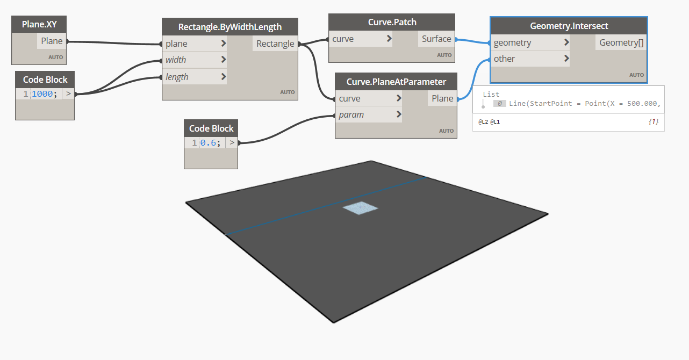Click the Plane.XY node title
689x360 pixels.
coord(39,24)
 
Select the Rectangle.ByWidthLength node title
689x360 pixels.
coord(230,27)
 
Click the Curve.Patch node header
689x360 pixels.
coord(392,22)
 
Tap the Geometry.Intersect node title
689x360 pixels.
coord(569,26)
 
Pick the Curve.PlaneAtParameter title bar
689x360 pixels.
coord(396,82)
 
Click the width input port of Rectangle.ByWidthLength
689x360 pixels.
coord(176,60)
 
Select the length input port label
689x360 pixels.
coord(177,77)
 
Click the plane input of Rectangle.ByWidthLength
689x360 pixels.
coord(176,44)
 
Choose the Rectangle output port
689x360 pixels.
coord(275,44)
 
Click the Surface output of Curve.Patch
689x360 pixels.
coord(436,39)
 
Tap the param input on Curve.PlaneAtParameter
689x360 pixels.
coord(351,114)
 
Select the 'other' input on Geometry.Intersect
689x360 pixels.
coord(504,59)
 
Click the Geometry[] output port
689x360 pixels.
coord(621,42)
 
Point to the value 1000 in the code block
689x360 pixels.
coord(42,94)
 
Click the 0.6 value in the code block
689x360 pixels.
coord(208,142)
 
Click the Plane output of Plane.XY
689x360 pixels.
coord(52,41)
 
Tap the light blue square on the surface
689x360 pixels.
coord(360,208)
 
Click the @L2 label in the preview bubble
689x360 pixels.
coord(483,122)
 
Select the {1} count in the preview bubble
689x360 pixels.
coord(654,122)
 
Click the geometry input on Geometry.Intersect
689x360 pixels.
coord(512,43)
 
